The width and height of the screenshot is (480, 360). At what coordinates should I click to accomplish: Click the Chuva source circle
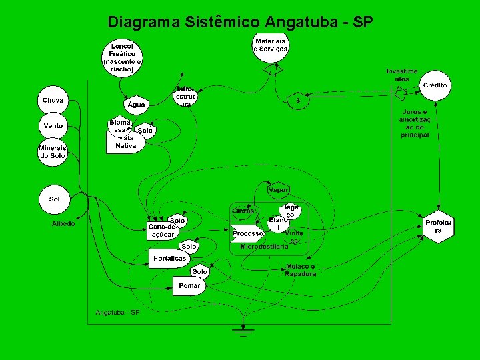pos(53,101)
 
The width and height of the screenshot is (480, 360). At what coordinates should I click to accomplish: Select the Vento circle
pos(53,126)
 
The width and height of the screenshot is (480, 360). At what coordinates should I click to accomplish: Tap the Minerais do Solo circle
pos(53,151)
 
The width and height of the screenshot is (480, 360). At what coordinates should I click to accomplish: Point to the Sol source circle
pos(55,199)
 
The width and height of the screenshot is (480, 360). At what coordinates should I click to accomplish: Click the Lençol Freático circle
pos(122,57)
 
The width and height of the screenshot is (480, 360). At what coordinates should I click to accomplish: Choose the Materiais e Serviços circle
pos(271,45)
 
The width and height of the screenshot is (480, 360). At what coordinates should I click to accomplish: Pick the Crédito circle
pos(435,85)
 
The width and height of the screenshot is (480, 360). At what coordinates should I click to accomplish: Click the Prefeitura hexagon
pos(439,226)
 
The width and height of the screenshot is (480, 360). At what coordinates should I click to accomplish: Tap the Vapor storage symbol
pos(278,190)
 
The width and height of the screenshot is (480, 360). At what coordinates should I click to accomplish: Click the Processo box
pos(248,234)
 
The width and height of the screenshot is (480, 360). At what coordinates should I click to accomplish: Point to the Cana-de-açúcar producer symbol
pos(163,231)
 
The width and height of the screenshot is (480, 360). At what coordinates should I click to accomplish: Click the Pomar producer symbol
pos(189,286)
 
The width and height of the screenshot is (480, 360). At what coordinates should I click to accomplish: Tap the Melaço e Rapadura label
pos(300,270)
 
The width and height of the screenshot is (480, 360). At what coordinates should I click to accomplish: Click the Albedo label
pos(63,224)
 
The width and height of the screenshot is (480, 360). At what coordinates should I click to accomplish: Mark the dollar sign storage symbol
pos(298,101)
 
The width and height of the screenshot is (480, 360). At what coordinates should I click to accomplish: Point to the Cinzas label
pos(243,211)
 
